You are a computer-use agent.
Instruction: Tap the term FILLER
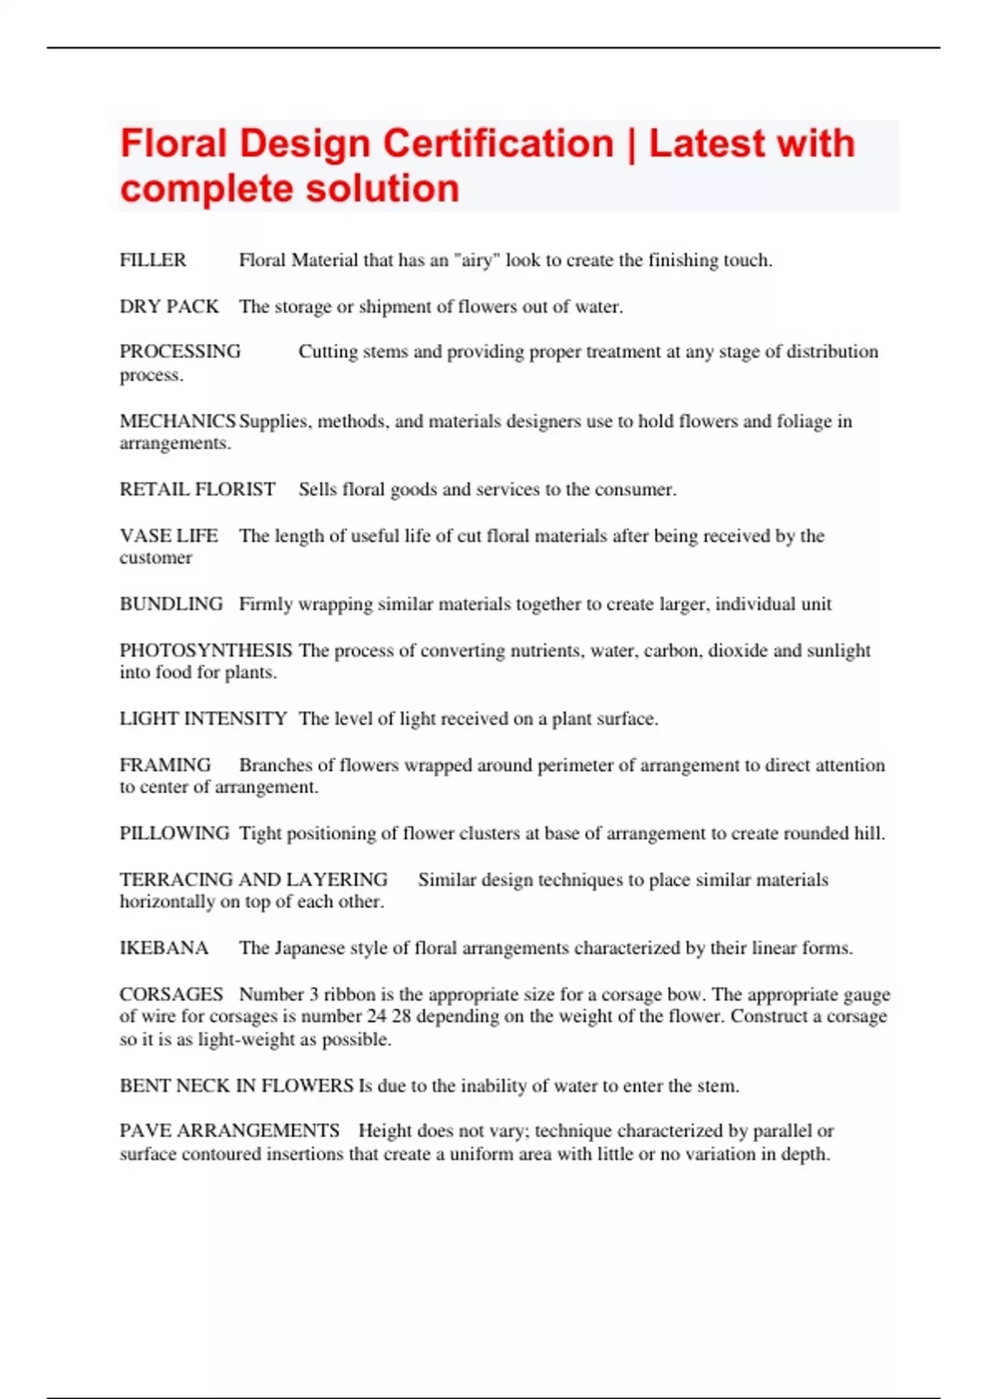153,260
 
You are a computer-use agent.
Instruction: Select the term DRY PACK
169,306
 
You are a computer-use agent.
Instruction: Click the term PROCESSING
180,351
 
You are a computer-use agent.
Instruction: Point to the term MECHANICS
177,421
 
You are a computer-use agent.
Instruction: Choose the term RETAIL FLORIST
198,490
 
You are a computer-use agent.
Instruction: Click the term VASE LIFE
169,536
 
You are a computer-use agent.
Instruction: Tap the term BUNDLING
171,604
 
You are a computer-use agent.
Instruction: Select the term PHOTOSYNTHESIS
206,650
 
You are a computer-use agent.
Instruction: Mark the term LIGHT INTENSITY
203,718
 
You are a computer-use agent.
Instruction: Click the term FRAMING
165,765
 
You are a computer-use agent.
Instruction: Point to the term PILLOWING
175,834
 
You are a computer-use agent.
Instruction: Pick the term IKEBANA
164,948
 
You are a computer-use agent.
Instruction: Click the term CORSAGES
171,994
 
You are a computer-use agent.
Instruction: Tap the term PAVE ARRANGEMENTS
230,1131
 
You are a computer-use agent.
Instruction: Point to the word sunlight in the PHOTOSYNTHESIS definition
838,650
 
